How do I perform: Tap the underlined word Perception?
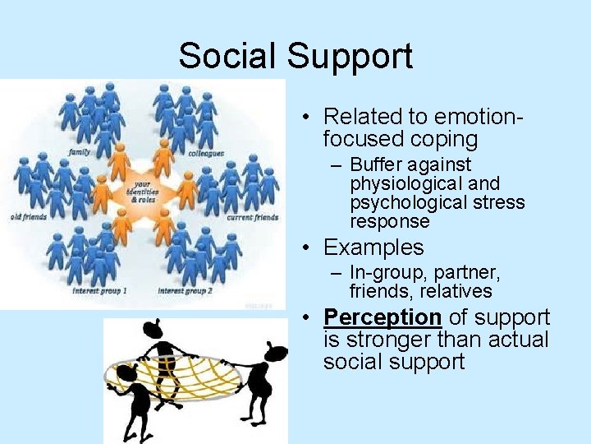tap(383, 317)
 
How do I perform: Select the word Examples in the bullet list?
tap(373, 247)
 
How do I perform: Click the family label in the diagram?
tap(80, 151)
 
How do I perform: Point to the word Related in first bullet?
tap(360, 117)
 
